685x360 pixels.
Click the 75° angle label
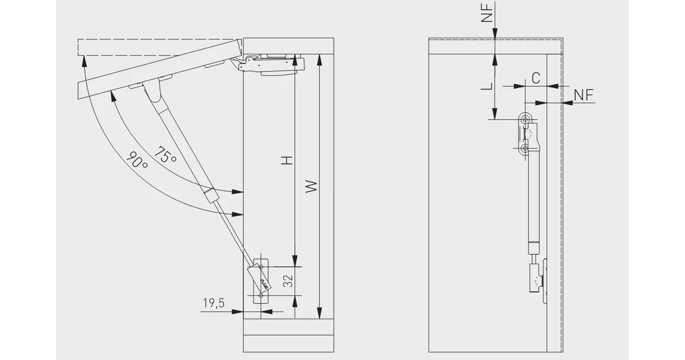click(x=165, y=155)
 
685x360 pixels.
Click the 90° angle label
click(x=137, y=160)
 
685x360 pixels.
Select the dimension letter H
click(x=287, y=161)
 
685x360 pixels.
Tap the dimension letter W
click(x=311, y=186)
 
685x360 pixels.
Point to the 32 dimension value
click(x=288, y=282)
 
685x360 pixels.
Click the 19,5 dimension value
click(x=214, y=303)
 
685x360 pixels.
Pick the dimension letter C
click(x=536, y=78)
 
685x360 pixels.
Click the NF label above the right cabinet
click(x=487, y=12)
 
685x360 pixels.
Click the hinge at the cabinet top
click(x=271, y=64)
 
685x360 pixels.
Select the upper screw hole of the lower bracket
click(x=261, y=266)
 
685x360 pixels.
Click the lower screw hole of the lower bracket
click(x=261, y=296)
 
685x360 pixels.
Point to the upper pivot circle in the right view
click(x=524, y=119)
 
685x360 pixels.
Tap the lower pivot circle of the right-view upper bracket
click(x=524, y=149)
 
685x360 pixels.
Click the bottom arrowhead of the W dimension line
click(x=320, y=313)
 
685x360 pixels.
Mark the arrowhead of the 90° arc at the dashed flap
click(x=83, y=61)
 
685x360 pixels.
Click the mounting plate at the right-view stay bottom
click(x=544, y=281)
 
